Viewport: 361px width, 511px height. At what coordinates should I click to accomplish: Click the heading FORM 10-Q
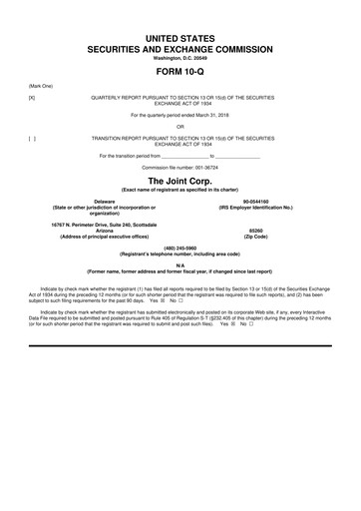tap(180, 74)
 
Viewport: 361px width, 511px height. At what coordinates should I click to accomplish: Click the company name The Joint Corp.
tap(180, 180)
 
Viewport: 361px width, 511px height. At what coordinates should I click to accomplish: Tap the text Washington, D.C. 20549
tap(180, 58)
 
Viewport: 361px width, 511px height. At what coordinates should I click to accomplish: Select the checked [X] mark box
tap(32, 98)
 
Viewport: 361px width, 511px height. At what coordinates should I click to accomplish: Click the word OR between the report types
tap(180, 127)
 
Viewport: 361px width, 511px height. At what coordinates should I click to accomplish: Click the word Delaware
tap(90, 201)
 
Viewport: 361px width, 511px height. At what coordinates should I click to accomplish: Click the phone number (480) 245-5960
tap(180, 249)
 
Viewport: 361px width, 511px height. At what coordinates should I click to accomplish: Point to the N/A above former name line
tap(180, 265)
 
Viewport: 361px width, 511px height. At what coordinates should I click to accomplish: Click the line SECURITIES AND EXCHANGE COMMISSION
tap(180, 48)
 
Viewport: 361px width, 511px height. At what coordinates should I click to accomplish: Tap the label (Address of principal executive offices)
tap(90, 234)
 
